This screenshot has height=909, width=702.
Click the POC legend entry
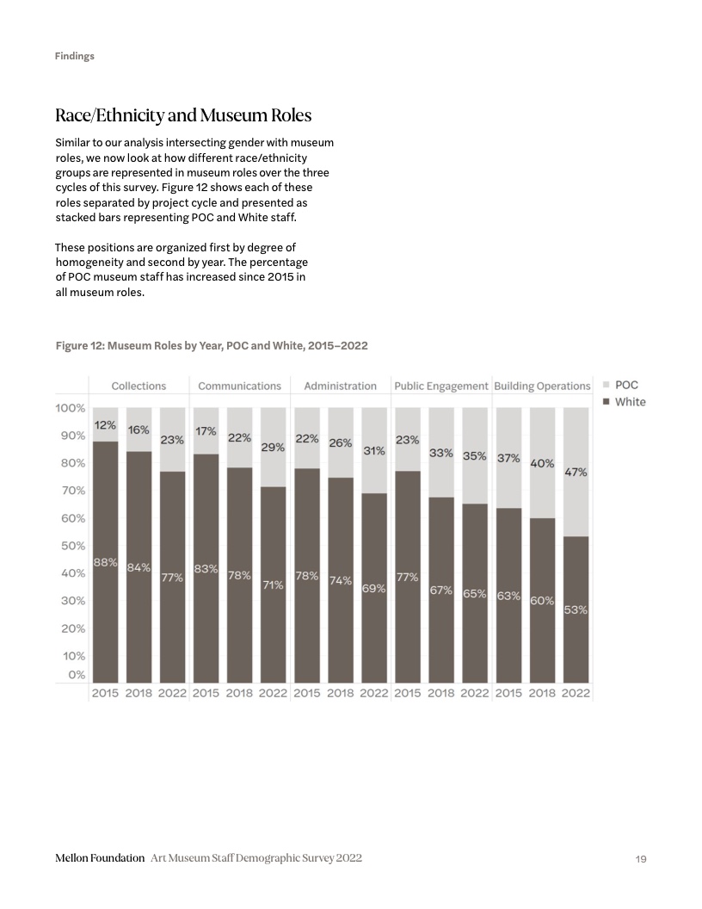[x=626, y=386]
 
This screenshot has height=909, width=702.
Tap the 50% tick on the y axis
[x=71, y=546]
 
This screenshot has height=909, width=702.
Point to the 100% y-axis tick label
[x=71, y=408]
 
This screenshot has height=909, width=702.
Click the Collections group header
[x=139, y=386]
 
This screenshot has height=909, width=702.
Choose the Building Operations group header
[x=542, y=386]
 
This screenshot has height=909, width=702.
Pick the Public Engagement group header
[x=441, y=386]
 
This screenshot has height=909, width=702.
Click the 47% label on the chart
[x=576, y=472]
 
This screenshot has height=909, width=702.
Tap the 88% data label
[x=105, y=562]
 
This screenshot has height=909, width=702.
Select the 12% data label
[x=105, y=425]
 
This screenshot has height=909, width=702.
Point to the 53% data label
[x=576, y=609]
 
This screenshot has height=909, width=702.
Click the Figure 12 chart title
[x=212, y=346]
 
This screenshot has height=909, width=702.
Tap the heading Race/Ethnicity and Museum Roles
[x=183, y=115]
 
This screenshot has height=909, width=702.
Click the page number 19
[x=640, y=859]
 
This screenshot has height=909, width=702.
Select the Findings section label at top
[x=75, y=56]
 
